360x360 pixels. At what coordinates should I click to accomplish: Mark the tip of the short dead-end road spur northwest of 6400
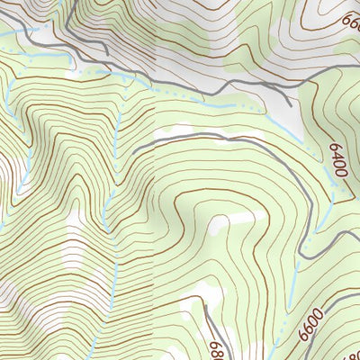[x=291, y=106]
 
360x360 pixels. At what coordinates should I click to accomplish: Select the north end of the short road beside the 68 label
[x=204, y=307]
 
